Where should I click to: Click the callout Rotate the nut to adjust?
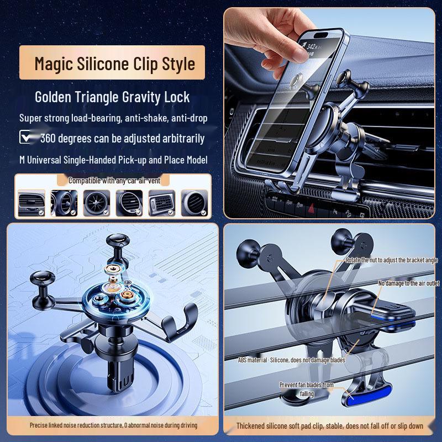(x=392, y=260)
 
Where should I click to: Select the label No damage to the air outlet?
(x=409, y=283)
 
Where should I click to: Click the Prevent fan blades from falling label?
(x=306, y=389)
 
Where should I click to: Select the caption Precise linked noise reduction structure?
(x=113, y=425)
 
